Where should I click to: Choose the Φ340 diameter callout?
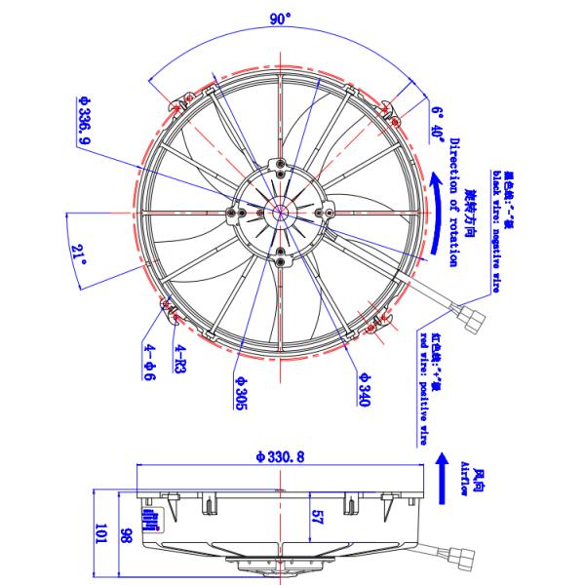click(363, 389)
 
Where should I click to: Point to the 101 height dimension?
click(99, 533)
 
